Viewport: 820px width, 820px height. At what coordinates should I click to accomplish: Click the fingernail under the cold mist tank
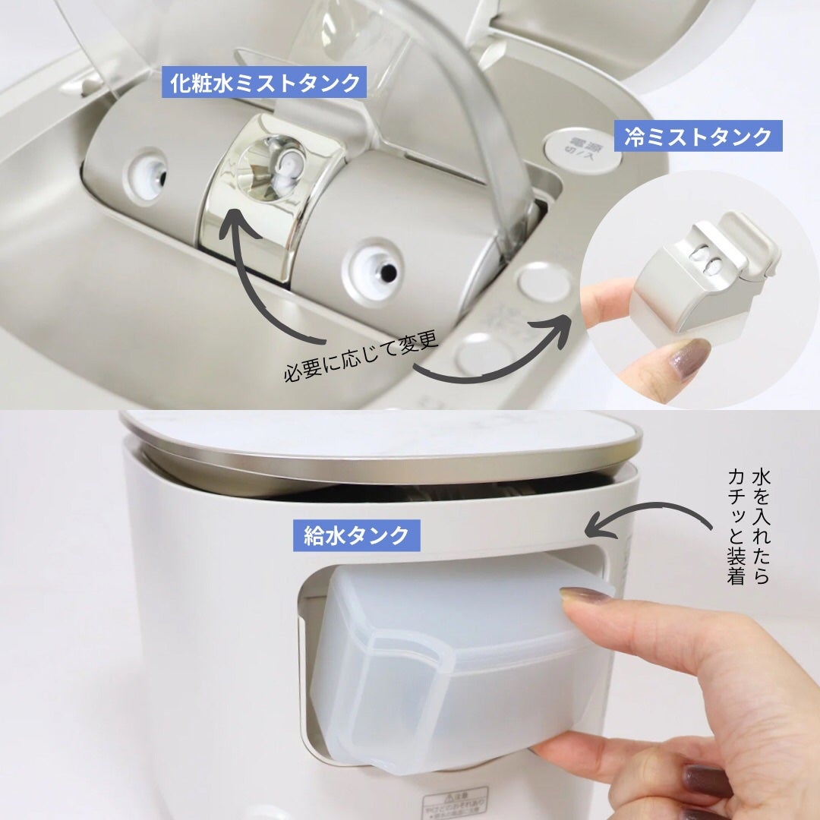pyautogui.click(x=687, y=356)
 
